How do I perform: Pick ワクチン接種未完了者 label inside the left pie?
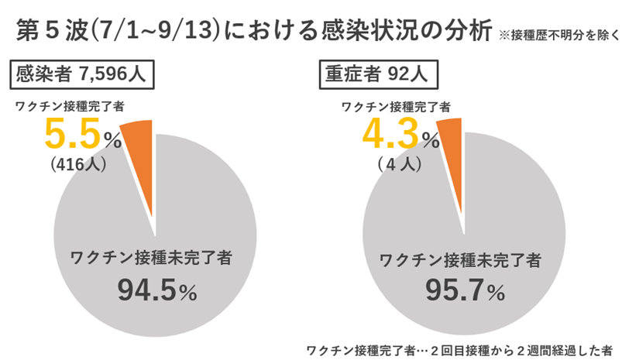[151, 255]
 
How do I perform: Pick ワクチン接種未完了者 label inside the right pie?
[461, 255]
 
